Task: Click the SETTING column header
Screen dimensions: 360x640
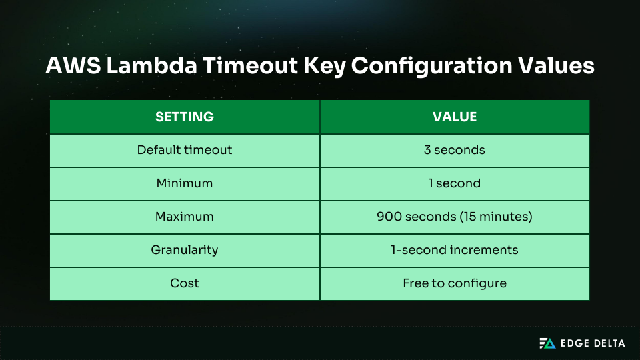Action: point(185,117)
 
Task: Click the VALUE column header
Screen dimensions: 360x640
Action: point(455,117)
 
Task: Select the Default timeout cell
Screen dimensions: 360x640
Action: point(185,150)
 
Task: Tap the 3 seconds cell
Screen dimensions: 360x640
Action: point(455,150)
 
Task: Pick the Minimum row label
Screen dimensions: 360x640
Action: point(185,183)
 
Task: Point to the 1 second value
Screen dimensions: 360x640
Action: point(455,183)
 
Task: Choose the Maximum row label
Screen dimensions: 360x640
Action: point(185,217)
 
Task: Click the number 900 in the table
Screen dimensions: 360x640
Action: point(388,217)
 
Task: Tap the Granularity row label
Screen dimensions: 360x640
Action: point(185,250)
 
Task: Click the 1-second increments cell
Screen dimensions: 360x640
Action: point(455,250)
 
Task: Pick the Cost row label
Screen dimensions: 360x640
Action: point(185,283)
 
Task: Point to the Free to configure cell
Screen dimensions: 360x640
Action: point(455,283)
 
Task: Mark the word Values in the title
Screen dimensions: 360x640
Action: point(559,67)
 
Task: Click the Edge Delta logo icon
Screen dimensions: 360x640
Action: point(547,343)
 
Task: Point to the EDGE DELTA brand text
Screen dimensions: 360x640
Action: point(593,343)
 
